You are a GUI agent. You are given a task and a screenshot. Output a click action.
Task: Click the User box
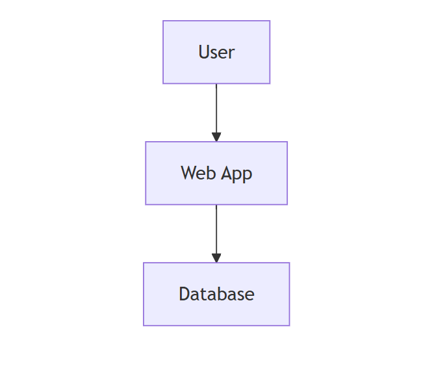pos(216,52)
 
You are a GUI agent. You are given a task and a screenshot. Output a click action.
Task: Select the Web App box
pos(216,173)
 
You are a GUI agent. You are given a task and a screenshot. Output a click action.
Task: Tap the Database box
pos(216,294)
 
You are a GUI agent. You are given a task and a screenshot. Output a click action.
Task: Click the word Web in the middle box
pos(198,173)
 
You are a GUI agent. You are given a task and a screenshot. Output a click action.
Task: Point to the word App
pos(236,174)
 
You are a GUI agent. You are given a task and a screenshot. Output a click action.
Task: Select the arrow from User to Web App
pos(216,112)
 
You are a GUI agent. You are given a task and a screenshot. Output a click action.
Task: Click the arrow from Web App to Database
pos(216,233)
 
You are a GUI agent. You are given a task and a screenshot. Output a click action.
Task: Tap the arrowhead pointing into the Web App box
pos(216,137)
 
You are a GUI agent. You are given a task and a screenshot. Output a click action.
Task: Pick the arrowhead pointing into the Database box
pos(216,258)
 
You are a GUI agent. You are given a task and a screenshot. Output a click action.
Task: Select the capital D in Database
pos(184,294)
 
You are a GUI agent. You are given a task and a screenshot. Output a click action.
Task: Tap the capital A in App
pos(227,173)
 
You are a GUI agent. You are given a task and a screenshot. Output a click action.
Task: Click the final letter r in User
pos(231,54)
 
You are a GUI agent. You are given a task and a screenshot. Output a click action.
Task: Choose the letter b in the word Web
pos(211,172)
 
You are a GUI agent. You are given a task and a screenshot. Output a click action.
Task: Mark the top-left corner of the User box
pos(163,20)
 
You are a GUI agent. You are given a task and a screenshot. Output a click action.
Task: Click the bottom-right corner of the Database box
pos(290,326)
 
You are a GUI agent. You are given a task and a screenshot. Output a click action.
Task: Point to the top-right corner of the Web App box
pos(288,141)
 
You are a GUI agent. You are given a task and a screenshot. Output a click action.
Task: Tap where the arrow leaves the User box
pos(216,84)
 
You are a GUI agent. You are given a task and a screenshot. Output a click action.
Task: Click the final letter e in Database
pos(249,296)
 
